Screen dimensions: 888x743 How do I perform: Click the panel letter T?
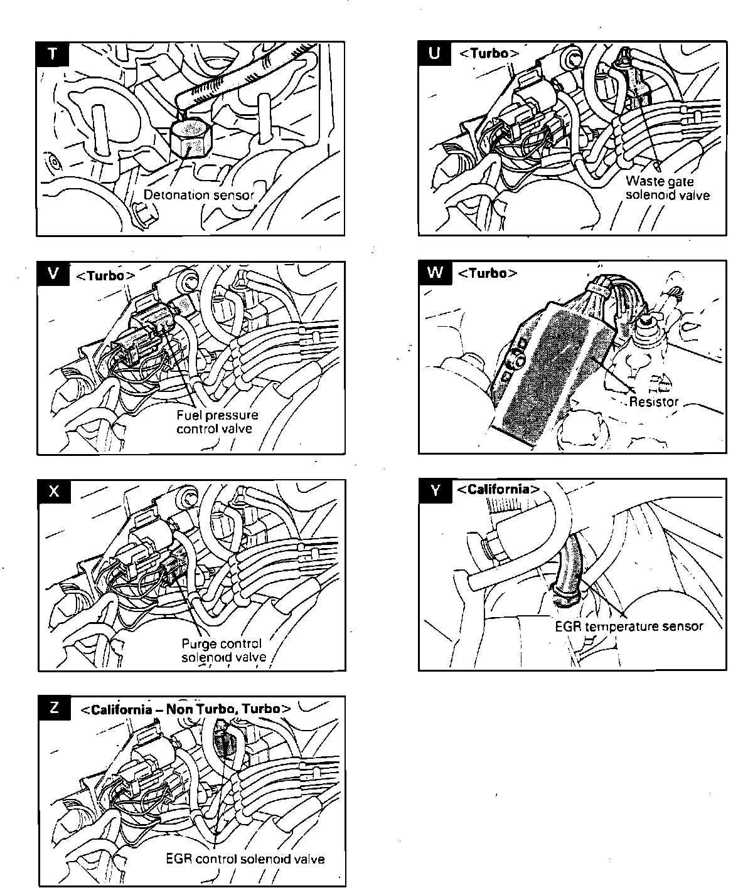click(x=53, y=55)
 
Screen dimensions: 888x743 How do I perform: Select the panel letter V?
click(x=53, y=274)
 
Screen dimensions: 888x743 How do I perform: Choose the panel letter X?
click(x=54, y=492)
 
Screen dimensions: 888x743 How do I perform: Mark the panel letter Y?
click(x=435, y=490)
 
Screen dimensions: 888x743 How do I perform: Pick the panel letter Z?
click(x=54, y=708)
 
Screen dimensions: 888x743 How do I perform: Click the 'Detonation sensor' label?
click(x=199, y=195)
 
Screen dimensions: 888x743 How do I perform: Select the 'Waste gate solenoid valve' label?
click(x=668, y=188)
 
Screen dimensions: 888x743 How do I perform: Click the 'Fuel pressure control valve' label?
click(x=217, y=422)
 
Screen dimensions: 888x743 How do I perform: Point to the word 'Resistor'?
click(x=653, y=402)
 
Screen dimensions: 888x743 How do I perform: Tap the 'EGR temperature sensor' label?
click(x=629, y=626)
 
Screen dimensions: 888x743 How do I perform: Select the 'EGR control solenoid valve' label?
click(x=245, y=859)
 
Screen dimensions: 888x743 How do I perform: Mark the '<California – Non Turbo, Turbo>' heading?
click(x=186, y=709)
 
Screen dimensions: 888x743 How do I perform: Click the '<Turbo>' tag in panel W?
click(x=488, y=273)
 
